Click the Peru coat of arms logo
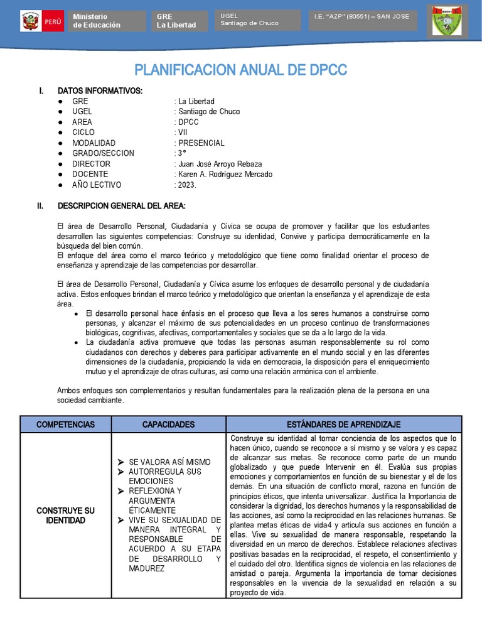point(29,21)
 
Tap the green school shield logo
point(447,23)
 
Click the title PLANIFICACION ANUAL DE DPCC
point(241,70)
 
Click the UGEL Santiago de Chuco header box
point(259,19)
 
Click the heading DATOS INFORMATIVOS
point(100,91)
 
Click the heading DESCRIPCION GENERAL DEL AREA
point(121,205)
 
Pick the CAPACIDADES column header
point(168,424)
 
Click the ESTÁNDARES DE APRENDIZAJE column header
point(343,424)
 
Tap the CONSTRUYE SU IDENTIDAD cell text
point(68,516)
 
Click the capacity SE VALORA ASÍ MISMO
point(169,462)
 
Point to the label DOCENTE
point(90,175)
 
